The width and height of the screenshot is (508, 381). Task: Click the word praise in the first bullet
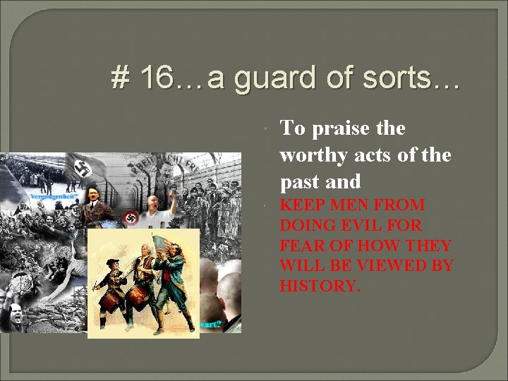[x=339, y=128]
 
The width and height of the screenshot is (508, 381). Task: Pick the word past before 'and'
[x=301, y=182]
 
